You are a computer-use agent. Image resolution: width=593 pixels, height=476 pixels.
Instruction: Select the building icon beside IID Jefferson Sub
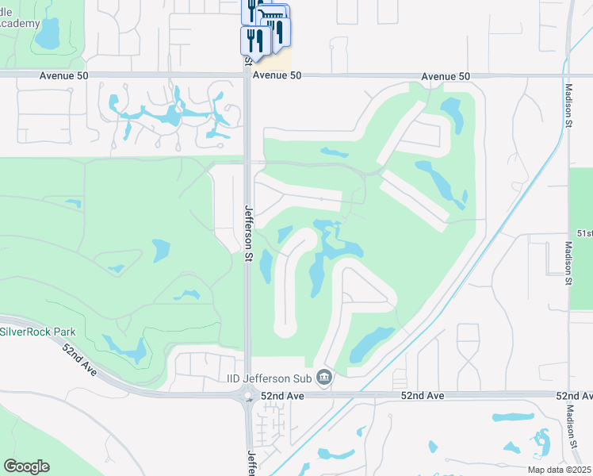[323, 376]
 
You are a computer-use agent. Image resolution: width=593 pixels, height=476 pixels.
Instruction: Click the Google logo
[26, 466]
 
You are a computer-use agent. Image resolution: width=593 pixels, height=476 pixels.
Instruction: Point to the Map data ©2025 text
[558, 470]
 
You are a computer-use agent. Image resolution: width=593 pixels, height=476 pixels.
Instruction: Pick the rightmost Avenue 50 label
[446, 76]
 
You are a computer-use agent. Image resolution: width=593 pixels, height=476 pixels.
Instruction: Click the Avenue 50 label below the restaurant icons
[277, 75]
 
